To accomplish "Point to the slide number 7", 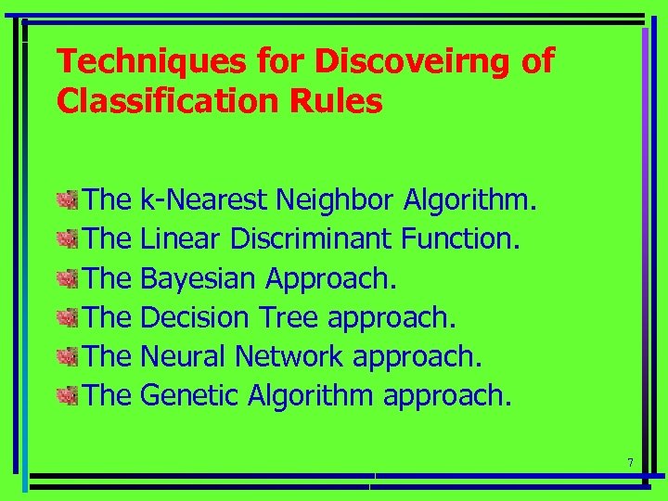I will coord(630,463).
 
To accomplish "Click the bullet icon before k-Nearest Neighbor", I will coord(66,199).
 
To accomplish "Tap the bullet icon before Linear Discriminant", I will coord(66,239).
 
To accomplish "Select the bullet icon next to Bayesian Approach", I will coord(66,278).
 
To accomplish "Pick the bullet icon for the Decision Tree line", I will coord(66,318).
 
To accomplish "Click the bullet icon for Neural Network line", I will coord(66,357).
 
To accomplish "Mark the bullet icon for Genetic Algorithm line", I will coord(66,397).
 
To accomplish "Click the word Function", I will coord(460,239).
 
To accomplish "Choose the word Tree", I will coord(289,318).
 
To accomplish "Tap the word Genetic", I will coord(190,397).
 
